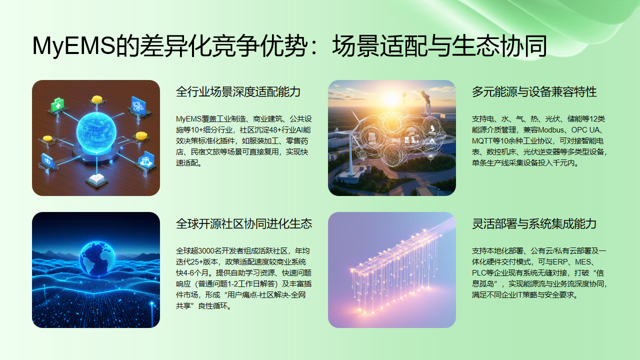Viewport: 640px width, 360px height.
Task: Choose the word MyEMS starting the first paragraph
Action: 190,119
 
